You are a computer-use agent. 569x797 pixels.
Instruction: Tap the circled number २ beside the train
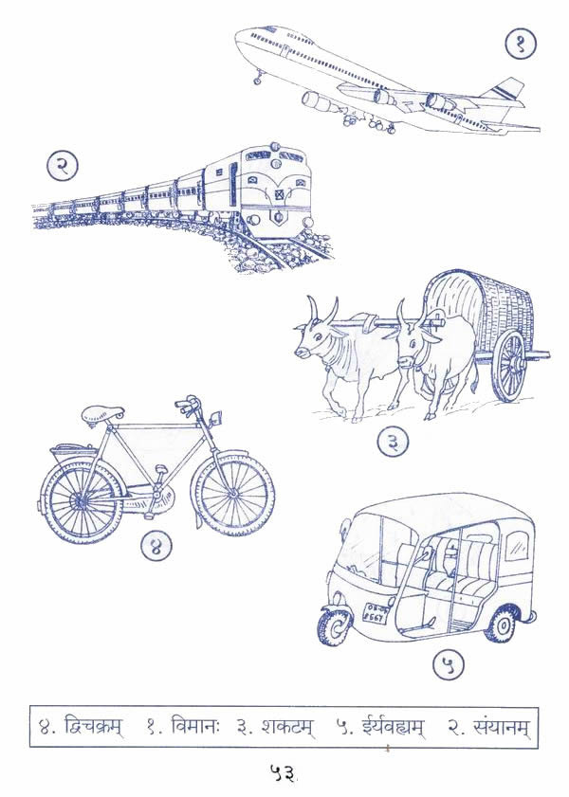pyautogui.click(x=62, y=167)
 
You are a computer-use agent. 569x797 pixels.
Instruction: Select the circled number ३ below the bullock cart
pyautogui.click(x=391, y=442)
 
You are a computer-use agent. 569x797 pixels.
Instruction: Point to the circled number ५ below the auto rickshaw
pyautogui.click(x=450, y=665)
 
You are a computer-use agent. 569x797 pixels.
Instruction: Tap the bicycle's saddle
pyautogui.click(x=102, y=414)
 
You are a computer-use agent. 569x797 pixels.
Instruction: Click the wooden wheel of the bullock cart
pyautogui.click(x=510, y=365)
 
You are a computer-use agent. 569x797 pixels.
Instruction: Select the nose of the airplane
pyautogui.click(x=240, y=38)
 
